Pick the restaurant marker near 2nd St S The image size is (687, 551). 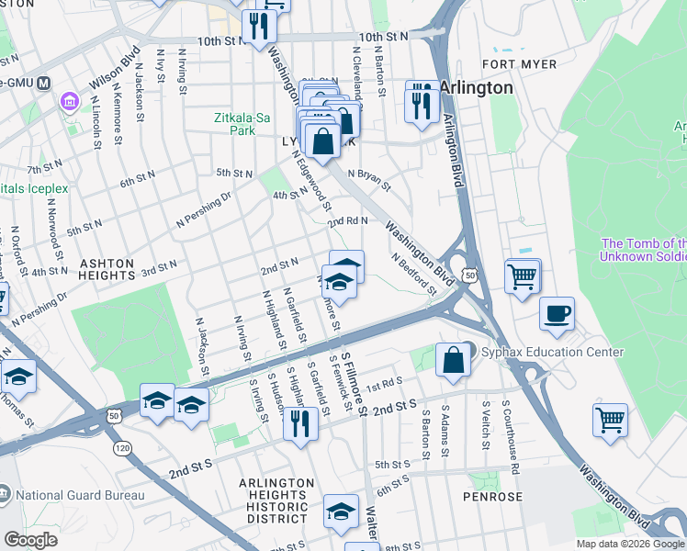(300, 423)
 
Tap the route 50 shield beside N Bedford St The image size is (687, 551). (469, 274)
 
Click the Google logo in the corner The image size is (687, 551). (30, 540)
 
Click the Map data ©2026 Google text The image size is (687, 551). (629, 544)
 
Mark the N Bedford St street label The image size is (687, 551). (414, 275)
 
